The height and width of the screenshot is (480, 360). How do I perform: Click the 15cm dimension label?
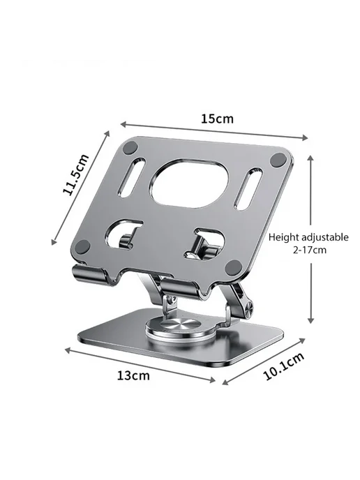pos(217,119)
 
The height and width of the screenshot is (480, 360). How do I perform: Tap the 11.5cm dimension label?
pos(75,174)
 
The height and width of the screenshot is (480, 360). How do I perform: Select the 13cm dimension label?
pos(133,375)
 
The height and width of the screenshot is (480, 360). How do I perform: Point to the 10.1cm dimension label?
pos(283,366)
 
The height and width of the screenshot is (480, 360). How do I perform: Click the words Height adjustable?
pos(308,237)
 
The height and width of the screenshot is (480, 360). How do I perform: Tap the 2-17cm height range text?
pos(310,250)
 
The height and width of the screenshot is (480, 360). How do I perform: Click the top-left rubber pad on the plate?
pos(130,149)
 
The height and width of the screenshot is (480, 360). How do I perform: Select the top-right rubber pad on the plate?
pos(278,160)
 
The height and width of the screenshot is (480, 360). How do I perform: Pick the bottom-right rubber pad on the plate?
pos(232,267)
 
